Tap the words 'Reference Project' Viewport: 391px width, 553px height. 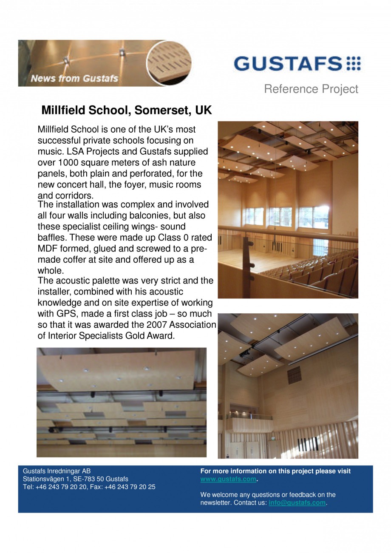point(311,89)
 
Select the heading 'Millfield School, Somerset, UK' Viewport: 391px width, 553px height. point(126,111)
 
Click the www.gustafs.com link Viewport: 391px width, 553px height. point(228,479)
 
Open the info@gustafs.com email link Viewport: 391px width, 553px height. point(297,503)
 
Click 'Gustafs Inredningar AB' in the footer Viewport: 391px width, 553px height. point(57,471)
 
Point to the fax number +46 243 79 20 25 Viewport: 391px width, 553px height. point(129,487)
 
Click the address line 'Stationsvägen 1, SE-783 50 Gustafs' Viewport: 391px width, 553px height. point(76,479)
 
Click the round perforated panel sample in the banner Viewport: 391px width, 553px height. point(169,63)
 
